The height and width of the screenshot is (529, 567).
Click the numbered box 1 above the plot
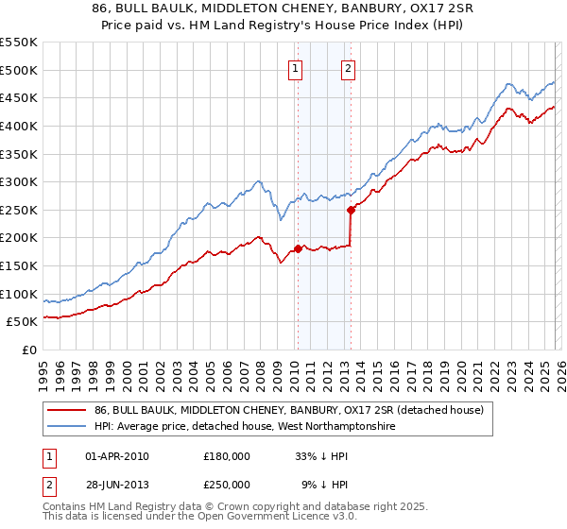point(296,68)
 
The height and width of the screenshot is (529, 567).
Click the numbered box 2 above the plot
point(348,68)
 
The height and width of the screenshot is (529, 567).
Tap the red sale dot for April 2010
point(298,249)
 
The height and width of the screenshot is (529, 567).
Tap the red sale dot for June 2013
point(351,210)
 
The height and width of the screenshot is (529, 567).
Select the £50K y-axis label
point(23,322)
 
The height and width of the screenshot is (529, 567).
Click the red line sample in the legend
point(67,410)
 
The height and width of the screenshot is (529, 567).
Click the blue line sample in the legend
point(67,427)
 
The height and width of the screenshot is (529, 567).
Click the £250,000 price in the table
point(227,484)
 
